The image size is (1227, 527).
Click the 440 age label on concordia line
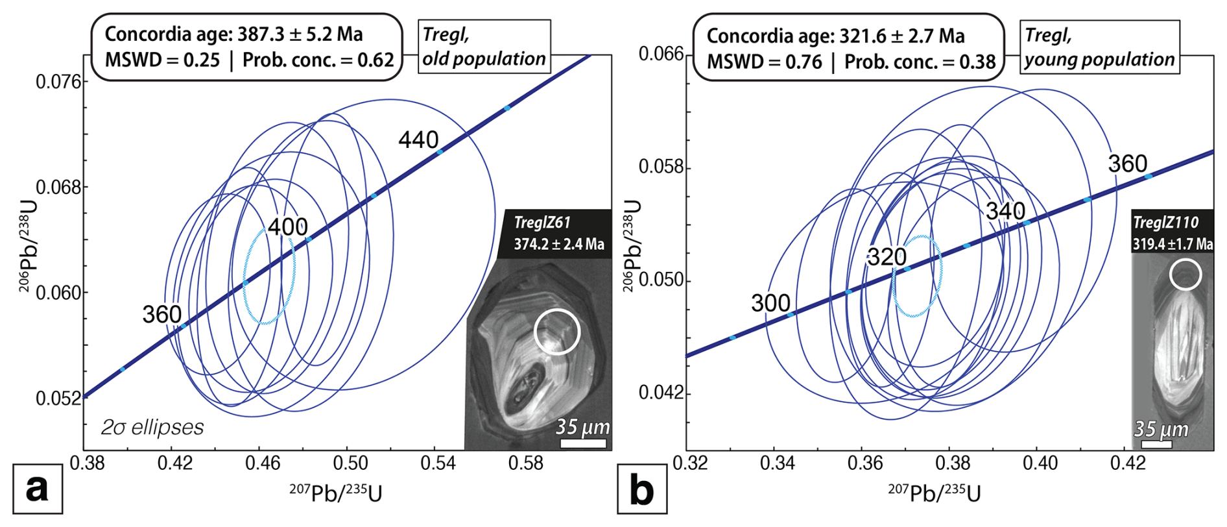coord(418,140)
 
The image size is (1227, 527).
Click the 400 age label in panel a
coord(287,227)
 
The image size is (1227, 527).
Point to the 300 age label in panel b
coord(770,303)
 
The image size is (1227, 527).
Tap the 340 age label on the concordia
coord(1005,211)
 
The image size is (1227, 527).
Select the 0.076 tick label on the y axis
coord(58,82)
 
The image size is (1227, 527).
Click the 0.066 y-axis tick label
coord(661,54)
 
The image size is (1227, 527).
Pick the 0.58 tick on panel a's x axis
coord(525,463)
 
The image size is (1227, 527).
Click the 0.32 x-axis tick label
coord(689,463)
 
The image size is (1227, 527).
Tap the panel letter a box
coord(38,488)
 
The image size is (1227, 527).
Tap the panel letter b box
coord(641,489)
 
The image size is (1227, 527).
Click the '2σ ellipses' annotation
coord(152,427)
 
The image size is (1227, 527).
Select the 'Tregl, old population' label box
coord(484,46)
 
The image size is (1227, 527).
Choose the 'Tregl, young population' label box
coord(1099,47)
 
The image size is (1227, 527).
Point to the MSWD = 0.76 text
coord(764,62)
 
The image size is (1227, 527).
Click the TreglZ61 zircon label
coord(542,223)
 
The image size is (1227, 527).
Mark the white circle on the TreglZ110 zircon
coord(1185,275)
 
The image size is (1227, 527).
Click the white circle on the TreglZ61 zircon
coord(556,332)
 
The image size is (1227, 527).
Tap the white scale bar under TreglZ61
coord(583,443)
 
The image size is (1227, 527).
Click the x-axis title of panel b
coord(934,494)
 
